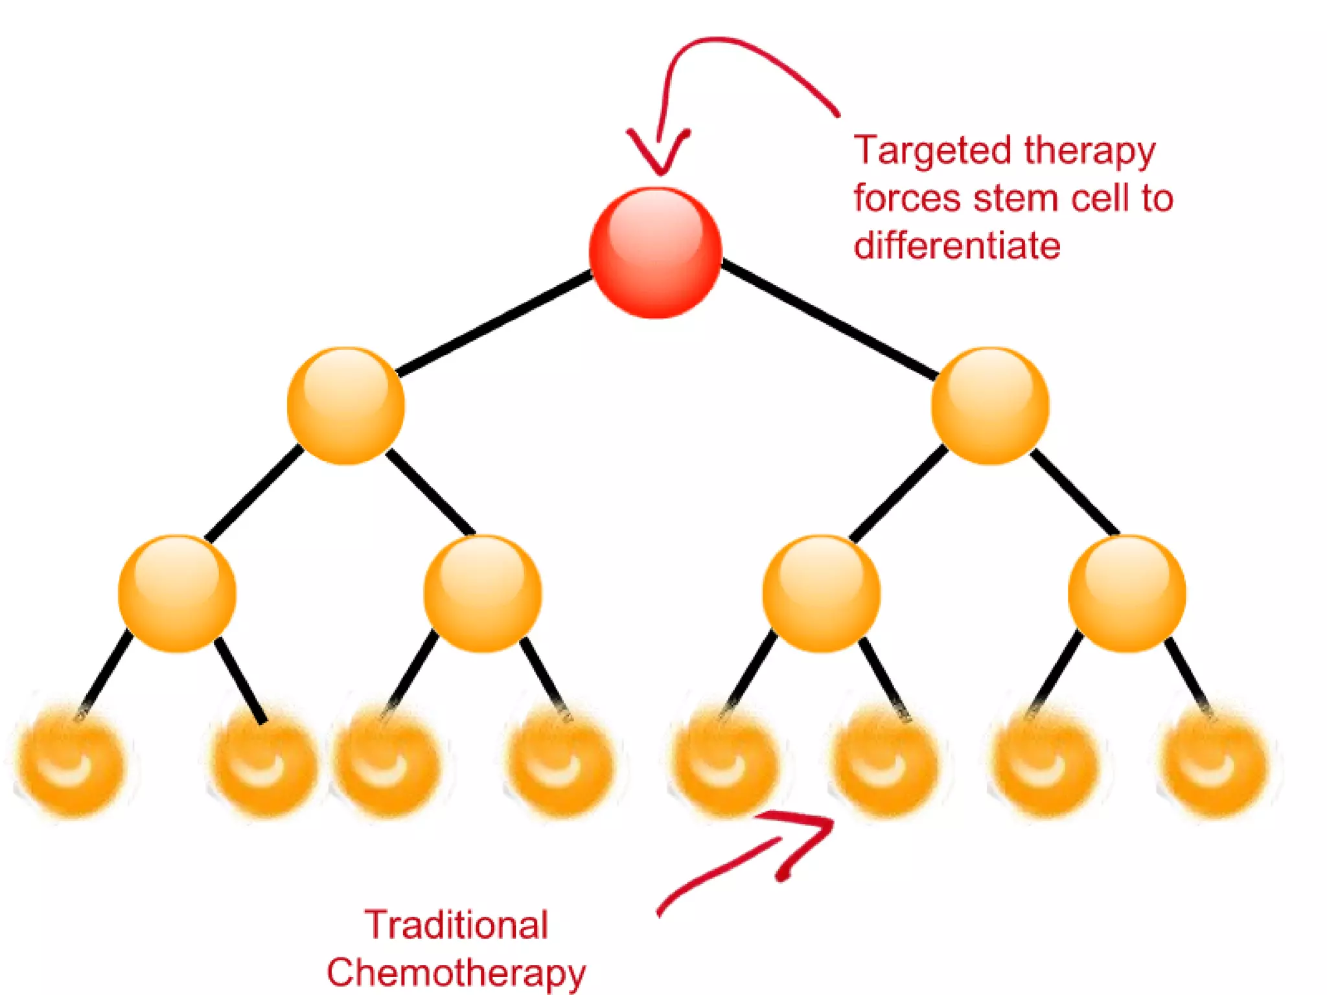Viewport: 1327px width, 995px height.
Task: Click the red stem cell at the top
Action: (x=655, y=253)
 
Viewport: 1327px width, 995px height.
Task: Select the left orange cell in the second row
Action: (x=345, y=406)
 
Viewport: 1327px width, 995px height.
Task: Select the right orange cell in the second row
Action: (x=989, y=406)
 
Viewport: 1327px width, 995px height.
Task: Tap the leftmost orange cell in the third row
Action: (x=177, y=593)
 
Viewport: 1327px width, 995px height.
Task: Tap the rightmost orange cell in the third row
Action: (x=1126, y=593)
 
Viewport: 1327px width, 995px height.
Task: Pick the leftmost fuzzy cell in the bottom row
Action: (x=70, y=763)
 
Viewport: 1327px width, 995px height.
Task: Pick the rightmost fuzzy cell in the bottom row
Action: (x=1213, y=763)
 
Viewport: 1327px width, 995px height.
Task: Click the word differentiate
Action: (x=956, y=246)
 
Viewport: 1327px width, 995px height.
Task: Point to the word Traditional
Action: (x=456, y=924)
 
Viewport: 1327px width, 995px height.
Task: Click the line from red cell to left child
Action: (x=496, y=324)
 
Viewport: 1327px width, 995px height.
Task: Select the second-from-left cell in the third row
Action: (x=482, y=593)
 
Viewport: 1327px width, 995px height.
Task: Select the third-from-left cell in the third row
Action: (x=821, y=593)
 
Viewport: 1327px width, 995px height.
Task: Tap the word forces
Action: (x=907, y=198)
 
